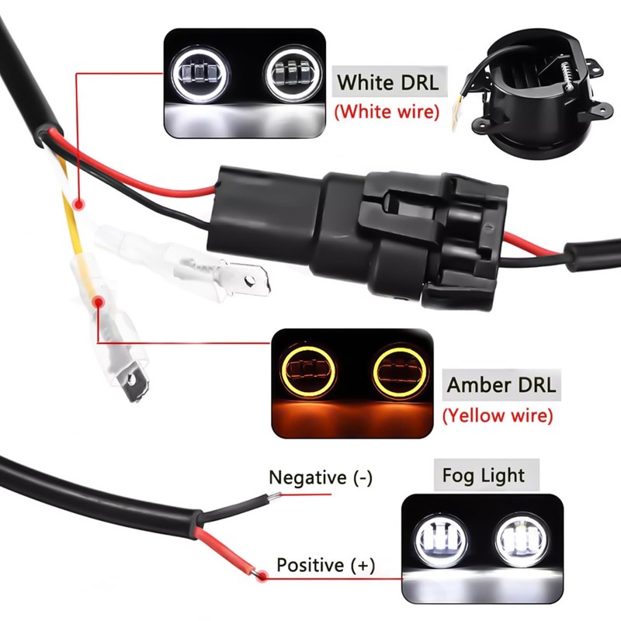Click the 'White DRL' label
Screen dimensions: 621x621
click(387, 82)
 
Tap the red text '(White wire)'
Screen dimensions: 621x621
click(387, 112)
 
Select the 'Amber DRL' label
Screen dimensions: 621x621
click(501, 384)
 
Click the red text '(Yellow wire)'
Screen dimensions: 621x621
click(498, 415)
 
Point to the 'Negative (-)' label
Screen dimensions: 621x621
click(320, 477)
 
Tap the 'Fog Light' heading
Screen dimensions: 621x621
click(483, 475)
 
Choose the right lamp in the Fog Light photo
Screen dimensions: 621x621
click(519, 536)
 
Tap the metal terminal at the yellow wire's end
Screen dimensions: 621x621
click(133, 381)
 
